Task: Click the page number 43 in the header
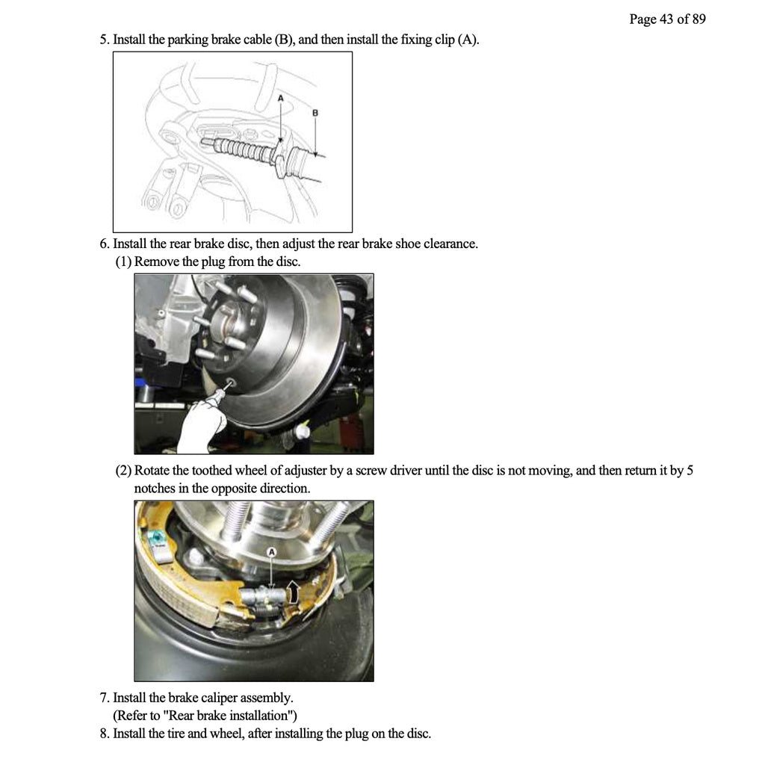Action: (x=666, y=19)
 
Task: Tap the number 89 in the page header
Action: (x=698, y=19)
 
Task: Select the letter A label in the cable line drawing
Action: (x=281, y=98)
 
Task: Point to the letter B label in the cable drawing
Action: (x=315, y=112)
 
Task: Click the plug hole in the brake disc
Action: (x=229, y=383)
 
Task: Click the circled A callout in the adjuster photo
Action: (x=272, y=551)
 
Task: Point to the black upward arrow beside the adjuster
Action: (x=294, y=592)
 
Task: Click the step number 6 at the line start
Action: (x=104, y=244)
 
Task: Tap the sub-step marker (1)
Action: (x=123, y=262)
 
